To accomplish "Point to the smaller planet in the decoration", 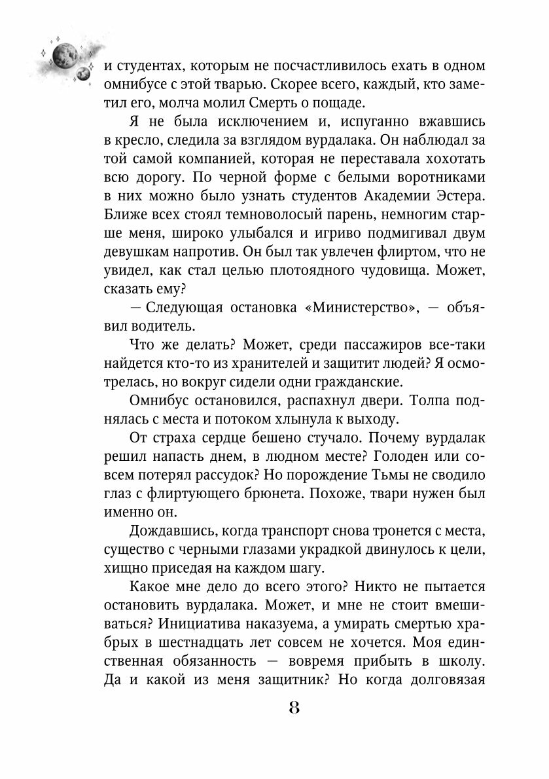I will click(83, 73).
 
